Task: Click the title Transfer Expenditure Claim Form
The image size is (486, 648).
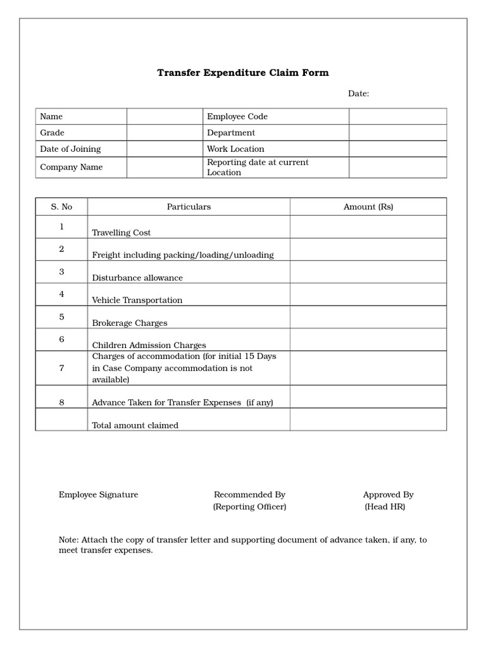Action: pos(243,73)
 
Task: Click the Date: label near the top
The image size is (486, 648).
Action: pos(358,94)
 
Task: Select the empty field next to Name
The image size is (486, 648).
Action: pos(165,116)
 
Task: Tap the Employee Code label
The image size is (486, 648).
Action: pos(237,116)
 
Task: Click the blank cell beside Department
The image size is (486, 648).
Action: pos(397,133)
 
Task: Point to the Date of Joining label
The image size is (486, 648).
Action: pos(70,149)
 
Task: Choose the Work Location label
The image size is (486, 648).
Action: pos(235,149)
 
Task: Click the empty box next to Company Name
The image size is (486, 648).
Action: pos(165,167)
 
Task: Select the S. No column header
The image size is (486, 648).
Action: pos(61,207)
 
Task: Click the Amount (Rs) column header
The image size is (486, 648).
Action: pos(368,207)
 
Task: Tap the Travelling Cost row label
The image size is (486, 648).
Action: pos(121,233)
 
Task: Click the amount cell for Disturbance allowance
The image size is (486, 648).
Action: pos(368,272)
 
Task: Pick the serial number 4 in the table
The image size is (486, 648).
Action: pos(61,294)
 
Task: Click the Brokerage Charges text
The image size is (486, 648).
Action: pos(130,323)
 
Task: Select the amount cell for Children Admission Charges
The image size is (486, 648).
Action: pos(368,340)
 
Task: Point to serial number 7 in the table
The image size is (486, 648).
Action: pos(61,368)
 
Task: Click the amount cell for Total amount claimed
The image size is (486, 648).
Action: pos(368,420)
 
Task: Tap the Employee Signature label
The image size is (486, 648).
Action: pos(98,495)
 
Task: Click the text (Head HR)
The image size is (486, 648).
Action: pos(385,507)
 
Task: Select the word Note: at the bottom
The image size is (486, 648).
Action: pos(68,540)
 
